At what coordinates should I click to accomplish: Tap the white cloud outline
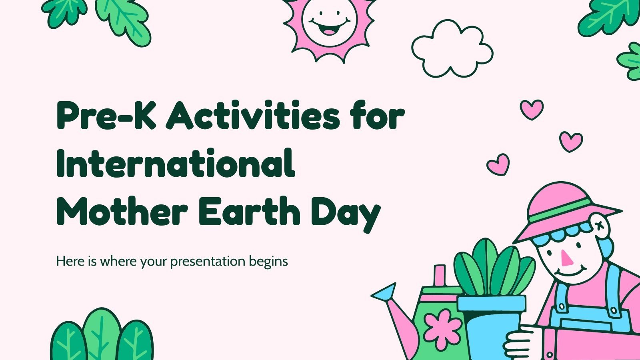tap(452, 48)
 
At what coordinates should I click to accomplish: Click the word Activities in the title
tap(253, 116)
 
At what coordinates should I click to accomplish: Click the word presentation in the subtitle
tap(208, 262)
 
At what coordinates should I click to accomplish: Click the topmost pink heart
tap(532, 109)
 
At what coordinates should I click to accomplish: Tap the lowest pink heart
tap(498, 164)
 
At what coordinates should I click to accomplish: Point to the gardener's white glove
tap(520, 344)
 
